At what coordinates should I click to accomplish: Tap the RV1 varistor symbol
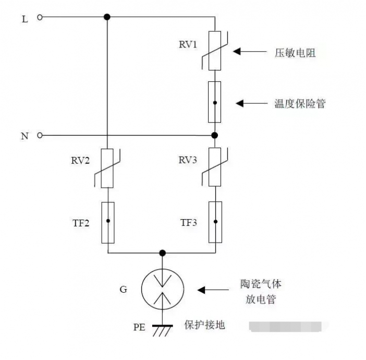214,51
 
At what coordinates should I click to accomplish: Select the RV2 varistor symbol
107,168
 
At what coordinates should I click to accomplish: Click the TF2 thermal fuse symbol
107,222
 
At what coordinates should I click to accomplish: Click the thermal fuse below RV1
214,101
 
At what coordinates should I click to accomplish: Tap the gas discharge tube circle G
163,290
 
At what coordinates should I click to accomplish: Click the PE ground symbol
163,328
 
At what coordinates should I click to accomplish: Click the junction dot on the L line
107,17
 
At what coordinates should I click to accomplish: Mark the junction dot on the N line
214,136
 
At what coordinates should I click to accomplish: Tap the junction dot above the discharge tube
163,253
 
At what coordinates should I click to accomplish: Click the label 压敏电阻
295,53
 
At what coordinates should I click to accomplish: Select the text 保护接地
204,325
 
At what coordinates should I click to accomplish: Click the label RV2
80,161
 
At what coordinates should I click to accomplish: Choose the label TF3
188,223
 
